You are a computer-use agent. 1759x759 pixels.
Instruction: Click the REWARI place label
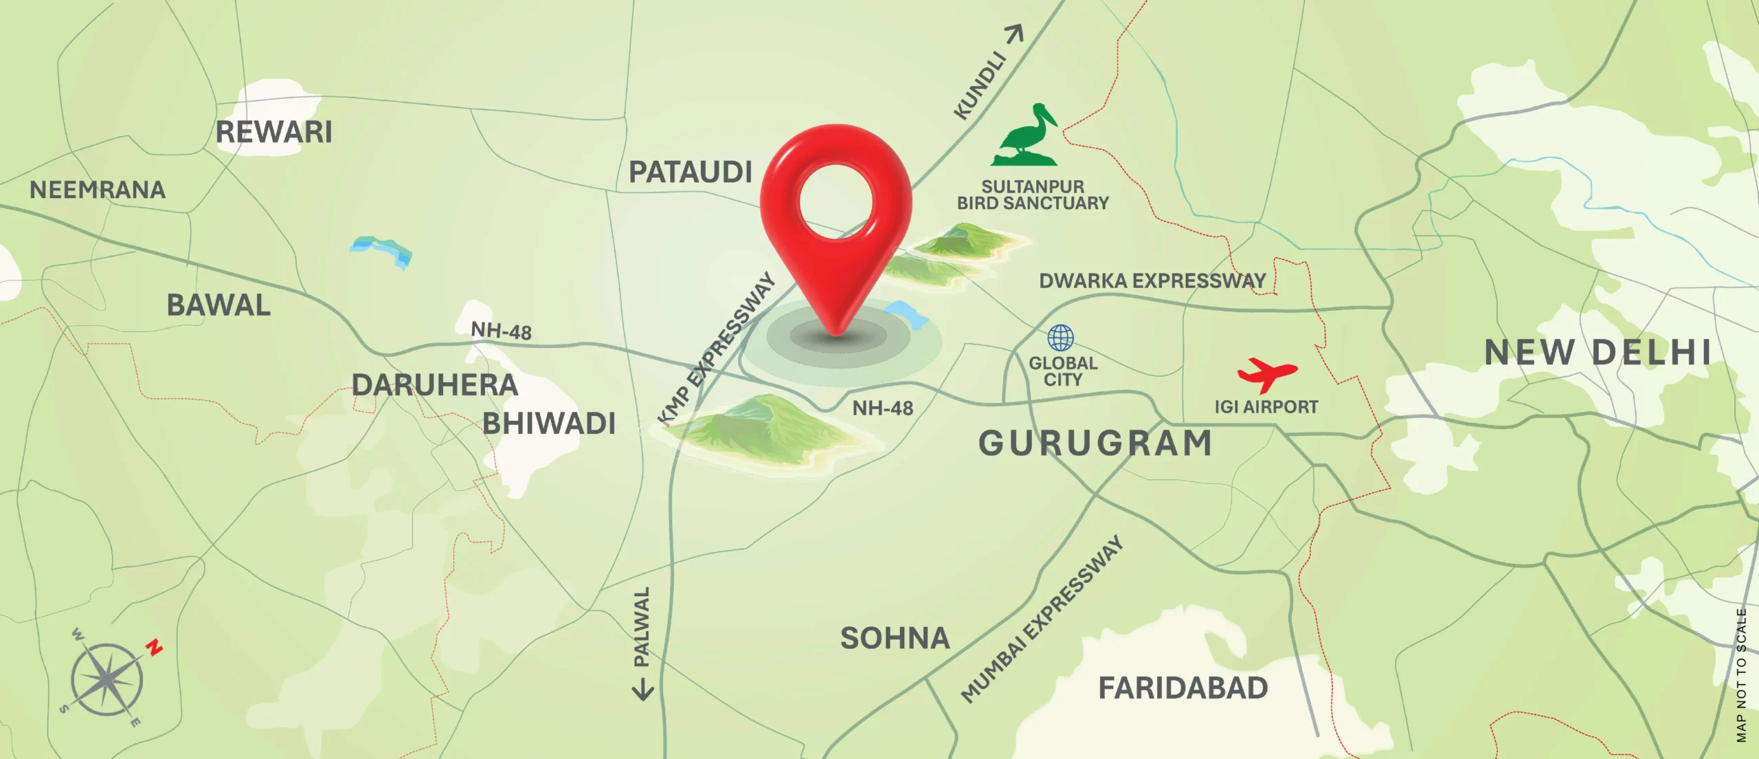pos(273,131)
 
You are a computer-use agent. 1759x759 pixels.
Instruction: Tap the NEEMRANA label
pos(98,190)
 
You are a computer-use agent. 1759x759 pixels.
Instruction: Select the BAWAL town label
pos(219,305)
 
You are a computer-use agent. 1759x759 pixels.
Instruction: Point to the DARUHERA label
pos(434,385)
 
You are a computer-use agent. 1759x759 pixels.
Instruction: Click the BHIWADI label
pos(548,423)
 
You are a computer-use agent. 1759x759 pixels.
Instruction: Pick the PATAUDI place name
pos(691,172)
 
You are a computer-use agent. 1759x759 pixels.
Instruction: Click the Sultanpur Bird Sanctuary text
pos(1033,195)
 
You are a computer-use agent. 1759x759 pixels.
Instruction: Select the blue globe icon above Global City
pos(1060,338)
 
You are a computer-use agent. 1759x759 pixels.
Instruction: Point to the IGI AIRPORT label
pos(1266,407)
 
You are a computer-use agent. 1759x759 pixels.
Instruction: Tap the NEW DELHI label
pos(1597,353)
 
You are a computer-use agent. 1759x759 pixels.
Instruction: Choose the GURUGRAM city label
pos(1095,443)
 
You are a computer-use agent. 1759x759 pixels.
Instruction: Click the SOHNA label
pos(895,639)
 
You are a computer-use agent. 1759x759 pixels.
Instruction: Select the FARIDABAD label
pos(1183,688)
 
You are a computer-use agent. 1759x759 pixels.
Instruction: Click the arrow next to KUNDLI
pos(1015,34)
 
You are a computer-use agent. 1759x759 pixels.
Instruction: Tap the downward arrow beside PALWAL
pos(642,690)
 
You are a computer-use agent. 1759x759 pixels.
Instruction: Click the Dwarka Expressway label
pos(1152,280)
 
